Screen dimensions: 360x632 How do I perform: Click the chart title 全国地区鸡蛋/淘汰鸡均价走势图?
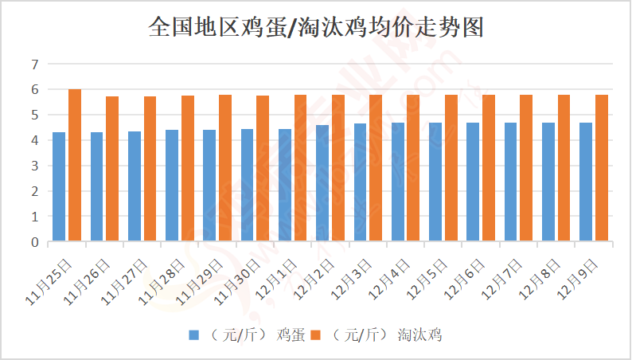click(316, 28)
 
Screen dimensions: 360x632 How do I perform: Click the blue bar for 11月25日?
click(59, 186)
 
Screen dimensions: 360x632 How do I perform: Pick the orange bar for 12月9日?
click(602, 168)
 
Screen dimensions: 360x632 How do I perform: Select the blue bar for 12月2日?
click(322, 183)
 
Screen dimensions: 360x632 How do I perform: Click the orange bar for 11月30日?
click(263, 168)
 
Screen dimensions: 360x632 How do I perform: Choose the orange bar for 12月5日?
click(451, 168)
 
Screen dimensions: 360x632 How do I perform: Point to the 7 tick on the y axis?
click(34, 65)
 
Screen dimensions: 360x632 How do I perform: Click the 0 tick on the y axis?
click(34, 241)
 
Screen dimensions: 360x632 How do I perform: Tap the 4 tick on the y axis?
click(34, 140)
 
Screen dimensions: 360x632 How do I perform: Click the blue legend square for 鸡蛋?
click(193, 335)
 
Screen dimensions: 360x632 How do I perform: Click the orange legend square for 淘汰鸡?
click(315, 335)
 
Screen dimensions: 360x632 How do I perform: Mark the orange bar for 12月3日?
click(376, 168)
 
